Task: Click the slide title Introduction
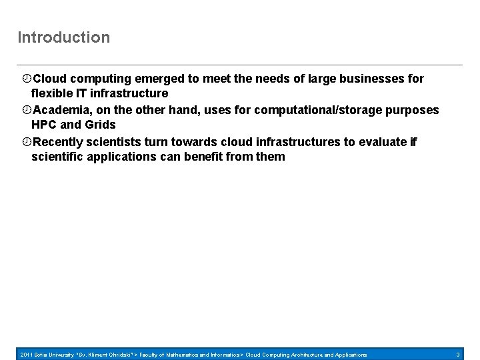coord(64,37)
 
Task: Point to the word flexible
coord(53,93)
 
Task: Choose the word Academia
coord(62,109)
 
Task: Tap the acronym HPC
coord(45,125)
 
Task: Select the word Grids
coord(100,125)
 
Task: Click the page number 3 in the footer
coord(458,355)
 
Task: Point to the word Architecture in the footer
coord(311,355)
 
